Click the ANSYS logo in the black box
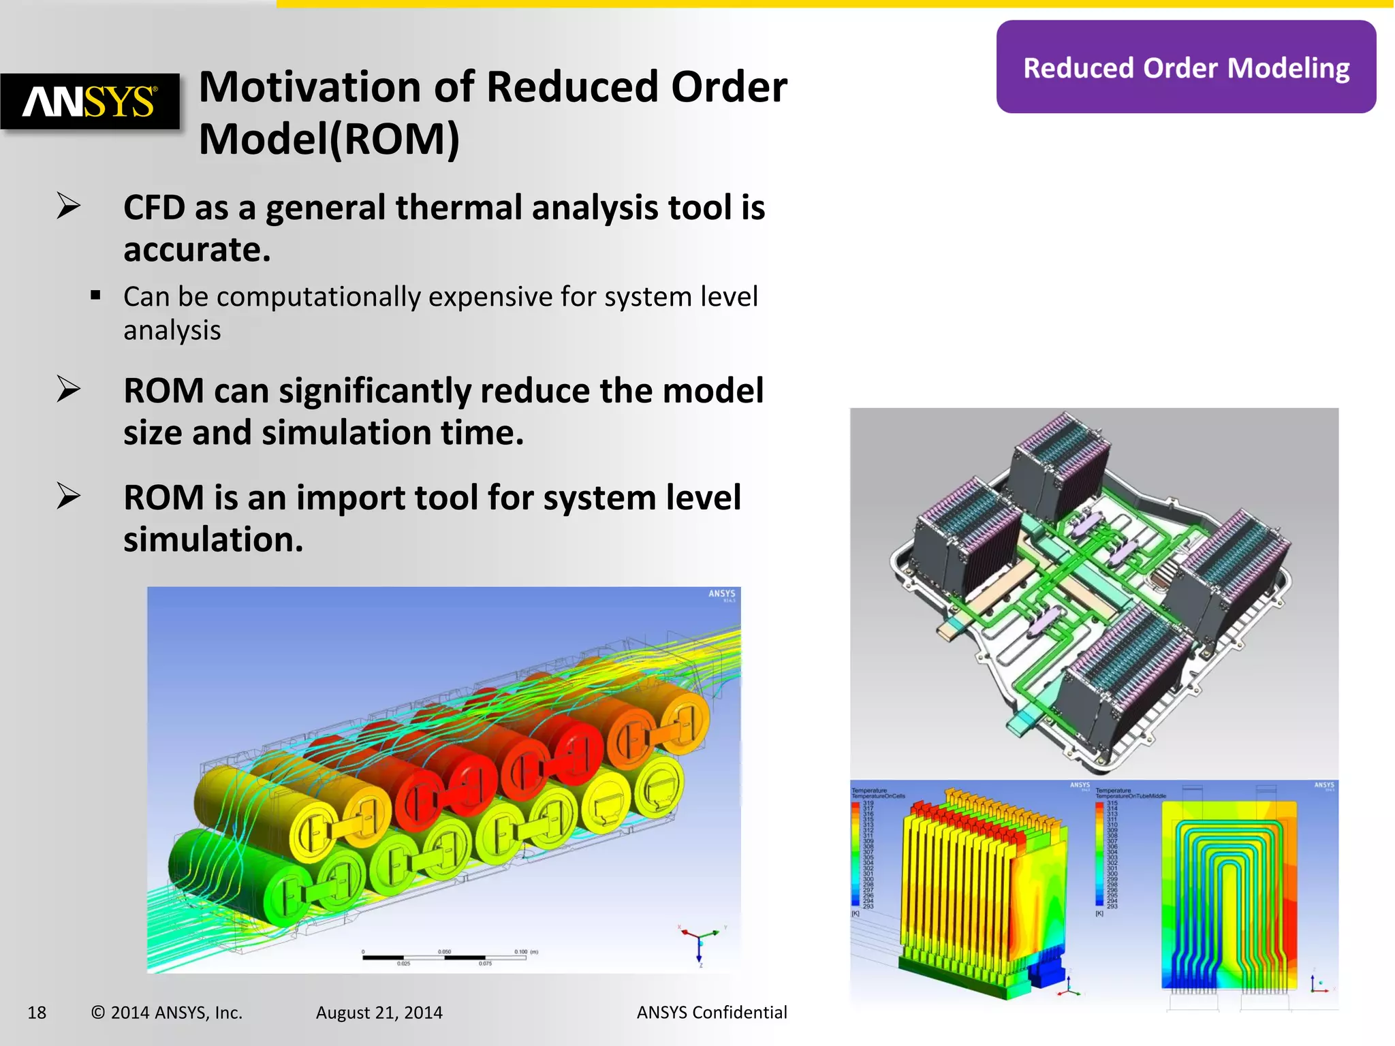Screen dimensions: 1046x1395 [x=90, y=101]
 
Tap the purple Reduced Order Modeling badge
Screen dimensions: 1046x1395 [x=1186, y=67]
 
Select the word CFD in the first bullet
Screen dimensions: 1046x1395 [x=154, y=208]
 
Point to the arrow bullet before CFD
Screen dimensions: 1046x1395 [x=68, y=206]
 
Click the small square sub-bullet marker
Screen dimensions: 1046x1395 [x=95, y=296]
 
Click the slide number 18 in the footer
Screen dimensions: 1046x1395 [x=37, y=1013]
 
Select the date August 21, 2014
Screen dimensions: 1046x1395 [x=379, y=1013]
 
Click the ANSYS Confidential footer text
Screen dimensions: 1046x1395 [x=711, y=1013]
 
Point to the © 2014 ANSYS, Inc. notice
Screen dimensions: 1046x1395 [x=167, y=1013]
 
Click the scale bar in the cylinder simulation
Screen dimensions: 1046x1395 [x=444, y=957]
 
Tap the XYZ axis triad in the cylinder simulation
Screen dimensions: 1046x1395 [x=700, y=943]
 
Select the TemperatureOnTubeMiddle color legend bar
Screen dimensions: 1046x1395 [x=1099, y=854]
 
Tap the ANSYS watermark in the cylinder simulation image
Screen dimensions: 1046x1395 [x=722, y=594]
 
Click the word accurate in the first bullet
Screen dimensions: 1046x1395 [x=196, y=250]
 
